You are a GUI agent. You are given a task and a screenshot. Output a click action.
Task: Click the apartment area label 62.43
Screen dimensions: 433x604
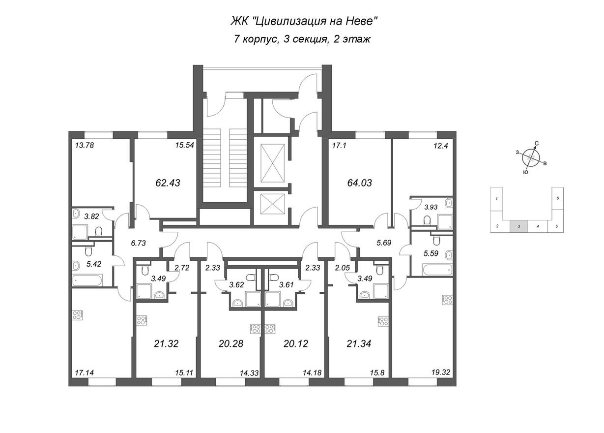point(168,183)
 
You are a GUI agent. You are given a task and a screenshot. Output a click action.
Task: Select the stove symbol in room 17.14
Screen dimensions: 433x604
point(77,315)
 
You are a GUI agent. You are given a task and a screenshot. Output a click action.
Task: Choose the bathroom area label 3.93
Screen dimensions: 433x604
point(431,208)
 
